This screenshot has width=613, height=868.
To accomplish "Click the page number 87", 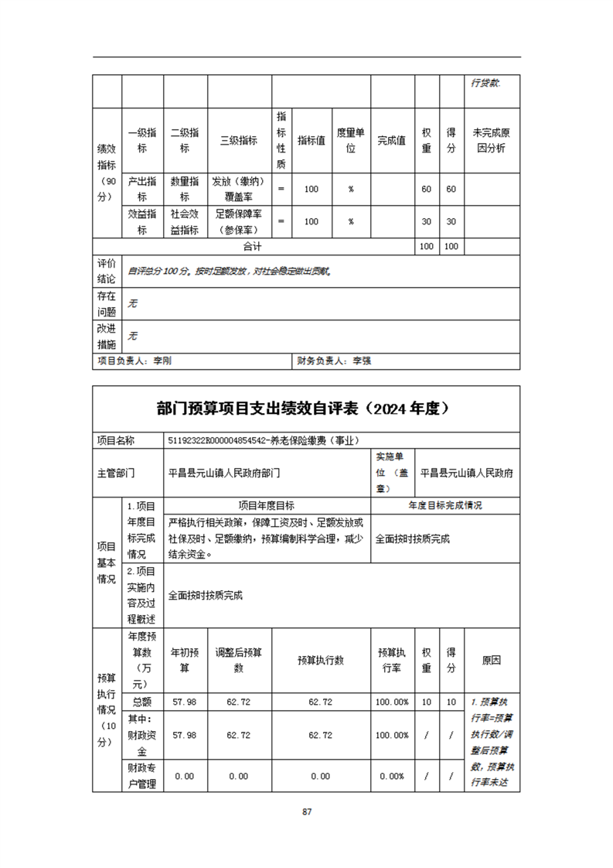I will point(307,812).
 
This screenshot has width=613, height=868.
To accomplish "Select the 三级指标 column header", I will point(239,140).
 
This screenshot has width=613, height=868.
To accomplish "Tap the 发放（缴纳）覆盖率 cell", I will point(239,189).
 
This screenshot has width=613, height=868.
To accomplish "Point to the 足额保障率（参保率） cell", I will point(239,221).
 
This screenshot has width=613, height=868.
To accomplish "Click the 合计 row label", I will point(252,246).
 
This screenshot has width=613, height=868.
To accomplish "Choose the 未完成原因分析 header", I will point(492,140).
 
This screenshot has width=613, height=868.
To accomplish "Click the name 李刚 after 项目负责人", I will point(162,361).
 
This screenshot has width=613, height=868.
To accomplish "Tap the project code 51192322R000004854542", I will point(223,440).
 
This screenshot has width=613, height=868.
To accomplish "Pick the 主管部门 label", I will point(116,471).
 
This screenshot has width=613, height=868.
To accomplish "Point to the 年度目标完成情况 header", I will point(445,505).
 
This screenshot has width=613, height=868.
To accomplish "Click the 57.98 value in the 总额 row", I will point(185,702).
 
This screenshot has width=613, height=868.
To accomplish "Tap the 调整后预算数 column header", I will point(239,660).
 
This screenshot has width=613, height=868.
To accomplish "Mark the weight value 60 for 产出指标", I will point(426,189).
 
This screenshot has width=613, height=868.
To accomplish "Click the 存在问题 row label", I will point(107,303).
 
